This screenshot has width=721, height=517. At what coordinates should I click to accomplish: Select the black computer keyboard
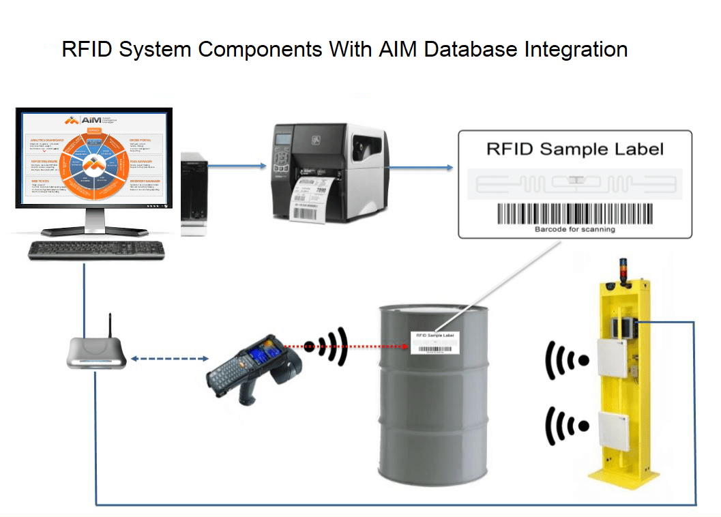pyautogui.click(x=96, y=250)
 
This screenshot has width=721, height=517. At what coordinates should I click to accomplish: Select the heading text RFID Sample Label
pyautogui.click(x=574, y=149)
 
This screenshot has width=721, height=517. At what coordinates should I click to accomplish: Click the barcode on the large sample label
pyautogui.click(x=574, y=214)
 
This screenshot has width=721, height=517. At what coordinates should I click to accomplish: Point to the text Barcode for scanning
pyautogui.click(x=574, y=230)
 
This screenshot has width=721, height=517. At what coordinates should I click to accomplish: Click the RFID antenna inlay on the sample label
pyautogui.click(x=574, y=182)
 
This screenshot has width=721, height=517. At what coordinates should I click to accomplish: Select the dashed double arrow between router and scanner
pyautogui.click(x=169, y=359)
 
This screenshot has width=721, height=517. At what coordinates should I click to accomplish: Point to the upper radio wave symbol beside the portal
pyautogui.click(x=566, y=359)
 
